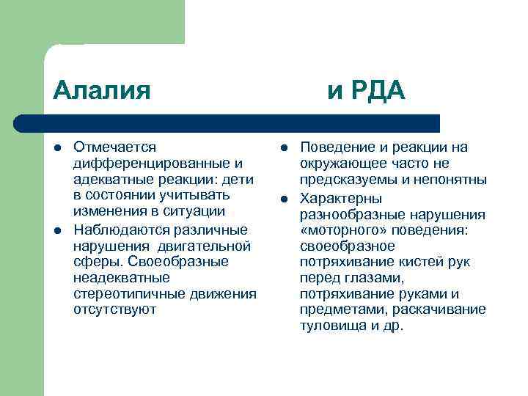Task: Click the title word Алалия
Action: pyautogui.click(x=102, y=91)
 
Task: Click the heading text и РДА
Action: pyautogui.click(x=366, y=91)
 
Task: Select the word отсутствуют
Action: pyautogui.click(x=115, y=309)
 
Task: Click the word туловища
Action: pyautogui.click(x=329, y=326)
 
